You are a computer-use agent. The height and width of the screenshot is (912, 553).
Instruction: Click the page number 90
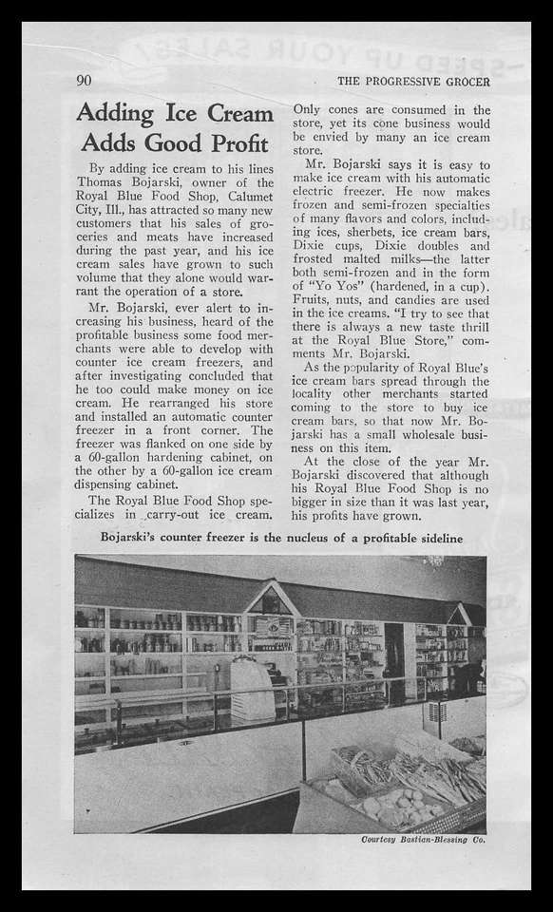[84, 81]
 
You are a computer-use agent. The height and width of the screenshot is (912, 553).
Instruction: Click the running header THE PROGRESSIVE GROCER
[413, 82]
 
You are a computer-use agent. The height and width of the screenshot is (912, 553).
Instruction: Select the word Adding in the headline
[116, 113]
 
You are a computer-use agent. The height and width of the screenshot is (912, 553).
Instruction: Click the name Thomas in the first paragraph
[107, 183]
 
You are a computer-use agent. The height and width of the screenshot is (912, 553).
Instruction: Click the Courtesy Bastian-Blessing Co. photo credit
[424, 840]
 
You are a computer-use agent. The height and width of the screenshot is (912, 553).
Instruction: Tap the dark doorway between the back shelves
[394, 650]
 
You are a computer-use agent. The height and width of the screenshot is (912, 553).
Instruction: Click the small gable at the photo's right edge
[463, 614]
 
